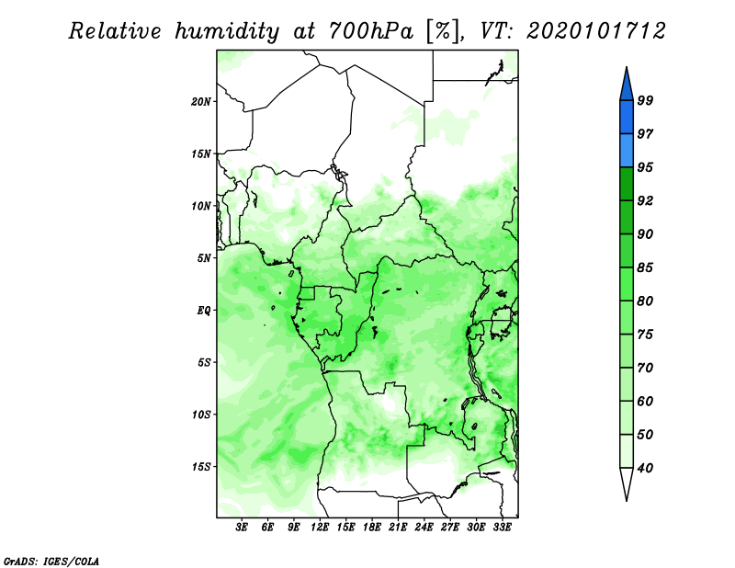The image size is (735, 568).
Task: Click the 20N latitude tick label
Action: (201, 101)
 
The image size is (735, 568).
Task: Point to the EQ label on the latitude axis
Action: (203, 310)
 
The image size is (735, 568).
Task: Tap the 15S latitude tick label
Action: (201, 466)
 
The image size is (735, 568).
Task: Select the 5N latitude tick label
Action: (204, 258)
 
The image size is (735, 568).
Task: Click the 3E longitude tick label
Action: (242, 527)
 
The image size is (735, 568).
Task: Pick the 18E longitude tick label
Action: (372, 527)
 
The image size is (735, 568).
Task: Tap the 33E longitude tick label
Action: (502, 527)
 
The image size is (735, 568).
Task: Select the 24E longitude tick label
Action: (424, 527)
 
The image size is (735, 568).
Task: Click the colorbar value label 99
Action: (645, 100)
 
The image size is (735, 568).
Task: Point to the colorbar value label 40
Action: (645, 468)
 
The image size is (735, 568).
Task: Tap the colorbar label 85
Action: (645, 267)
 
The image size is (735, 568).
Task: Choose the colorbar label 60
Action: (645, 401)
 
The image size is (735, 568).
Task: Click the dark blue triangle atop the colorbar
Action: (627, 86)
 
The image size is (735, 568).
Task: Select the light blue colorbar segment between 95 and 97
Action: (627, 151)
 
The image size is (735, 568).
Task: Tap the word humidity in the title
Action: (227, 31)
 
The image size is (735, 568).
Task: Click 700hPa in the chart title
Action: (370, 31)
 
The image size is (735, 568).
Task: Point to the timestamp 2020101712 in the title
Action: (595, 31)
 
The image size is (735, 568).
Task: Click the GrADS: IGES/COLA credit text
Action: (51, 561)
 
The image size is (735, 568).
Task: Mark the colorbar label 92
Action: (645, 200)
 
